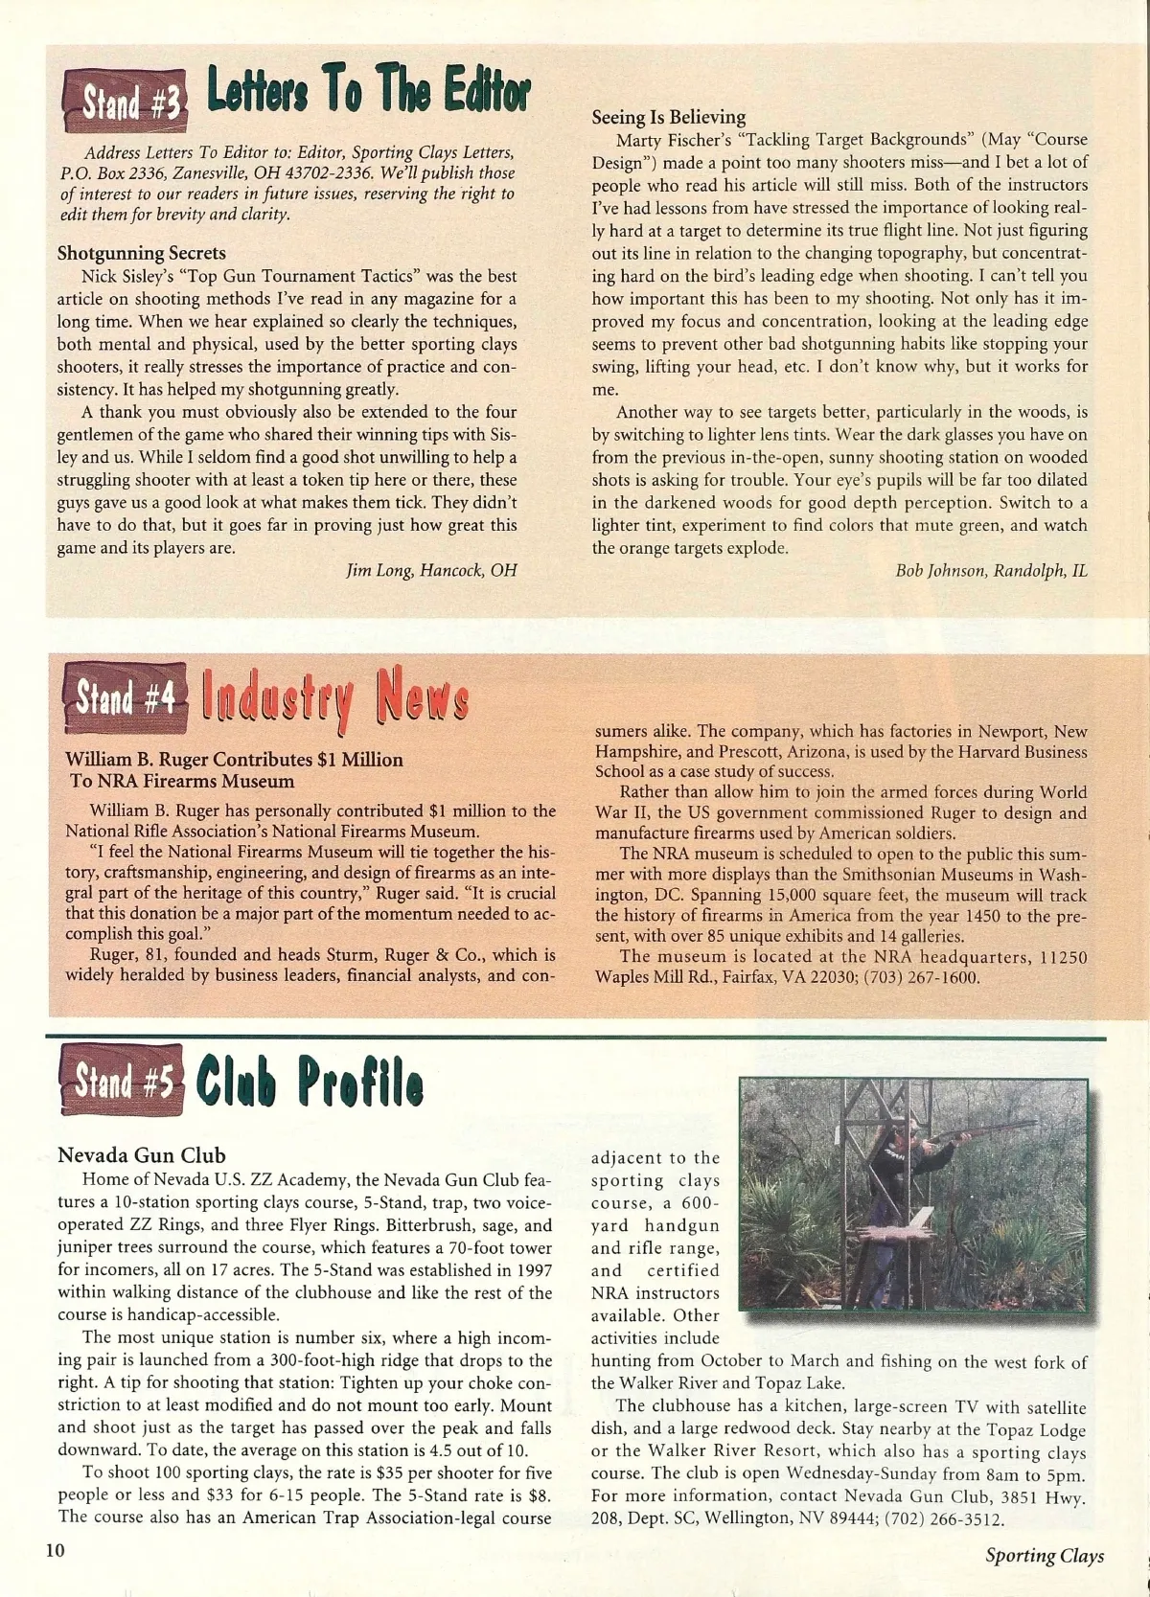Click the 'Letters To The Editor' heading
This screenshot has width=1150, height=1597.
tap(368, 93)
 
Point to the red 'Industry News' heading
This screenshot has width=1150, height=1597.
tap(334, 696)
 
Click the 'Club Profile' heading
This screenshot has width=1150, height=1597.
tap(309, 1083)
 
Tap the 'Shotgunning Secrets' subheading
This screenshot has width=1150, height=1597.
tap(142, 253)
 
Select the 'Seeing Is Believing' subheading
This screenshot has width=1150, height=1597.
tap(668, 117)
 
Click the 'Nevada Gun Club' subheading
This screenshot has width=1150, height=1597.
tap(142, 1154)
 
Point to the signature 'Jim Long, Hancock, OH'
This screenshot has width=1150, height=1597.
tap(431, 570)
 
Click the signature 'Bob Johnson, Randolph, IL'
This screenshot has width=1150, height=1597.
tap(991, 570)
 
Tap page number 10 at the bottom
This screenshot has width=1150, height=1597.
tap(56, 1550)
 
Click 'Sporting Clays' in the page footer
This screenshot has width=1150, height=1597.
tap(1044, 1556)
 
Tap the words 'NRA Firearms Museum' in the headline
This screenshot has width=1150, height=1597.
tap(182, 781)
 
